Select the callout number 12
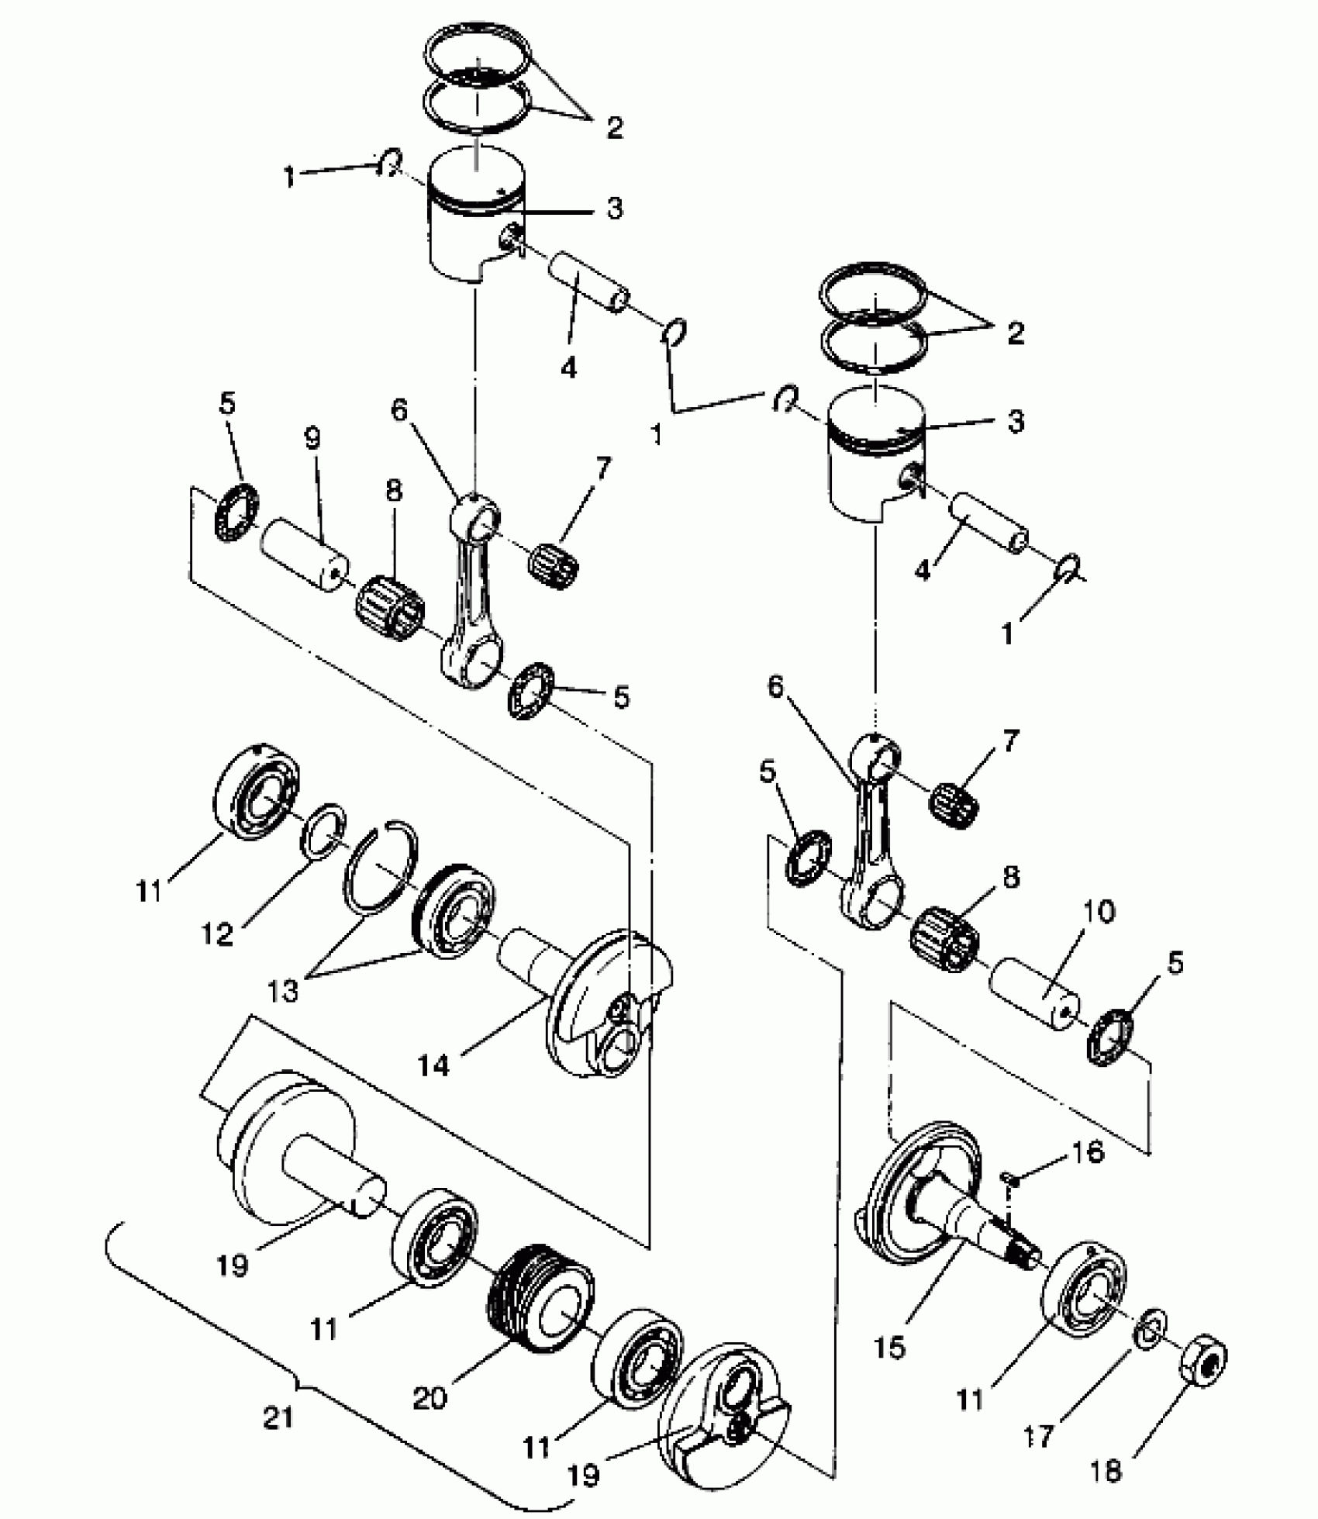[x=217, y=934]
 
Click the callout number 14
[x=434, y=1065]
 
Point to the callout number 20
[x=430, y=1397]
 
